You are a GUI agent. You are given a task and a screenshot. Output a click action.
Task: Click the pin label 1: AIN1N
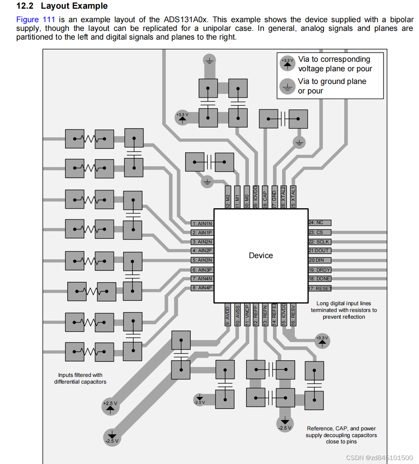[x=202, y=224]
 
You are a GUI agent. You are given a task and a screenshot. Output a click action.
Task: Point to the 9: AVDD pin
[x=228, y=315]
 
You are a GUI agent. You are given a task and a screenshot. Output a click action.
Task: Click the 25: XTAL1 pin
[x=293, y=197]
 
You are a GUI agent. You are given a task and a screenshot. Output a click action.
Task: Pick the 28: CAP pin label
[x=265, y=197]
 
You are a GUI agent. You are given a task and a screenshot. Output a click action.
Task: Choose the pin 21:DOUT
[x=319, y=251]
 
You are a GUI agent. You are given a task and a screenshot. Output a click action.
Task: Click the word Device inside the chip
[x=261, y=255]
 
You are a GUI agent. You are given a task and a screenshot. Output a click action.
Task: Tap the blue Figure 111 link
[x=36, y=19]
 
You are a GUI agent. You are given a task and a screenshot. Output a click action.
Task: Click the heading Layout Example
[x=74, y=6]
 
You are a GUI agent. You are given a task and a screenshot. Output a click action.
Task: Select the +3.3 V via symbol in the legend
[x=288, y=63]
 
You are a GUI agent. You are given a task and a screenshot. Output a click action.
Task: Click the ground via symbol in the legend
[x=287, y=86]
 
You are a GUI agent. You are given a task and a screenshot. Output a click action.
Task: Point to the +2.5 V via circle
[x=110, y=406]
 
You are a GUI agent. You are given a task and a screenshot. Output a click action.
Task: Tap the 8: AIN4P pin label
[x=202, y=288]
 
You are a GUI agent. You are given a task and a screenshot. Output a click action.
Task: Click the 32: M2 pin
[x=228, y=197]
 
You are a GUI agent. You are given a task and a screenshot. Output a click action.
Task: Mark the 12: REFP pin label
[x=256, y=315]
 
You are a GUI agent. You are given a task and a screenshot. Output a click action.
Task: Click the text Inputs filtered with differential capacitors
[x=80, y=378]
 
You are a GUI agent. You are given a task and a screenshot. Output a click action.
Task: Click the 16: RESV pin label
[x=293, y=315]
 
